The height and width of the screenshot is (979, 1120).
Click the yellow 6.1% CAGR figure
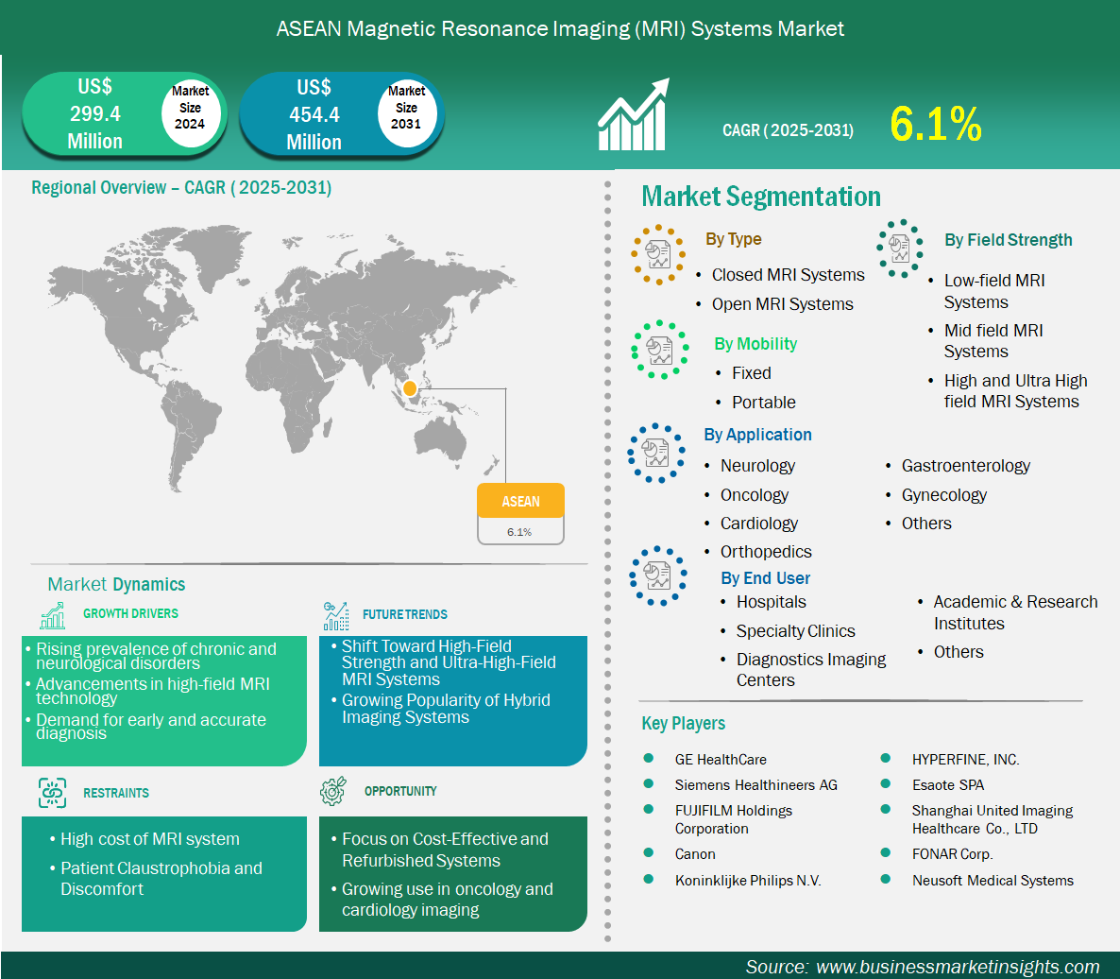[936, 124]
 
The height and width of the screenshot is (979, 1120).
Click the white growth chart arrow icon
[634, 114]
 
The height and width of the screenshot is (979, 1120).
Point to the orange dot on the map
[409, 388]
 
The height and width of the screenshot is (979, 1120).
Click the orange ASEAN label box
[520, 500]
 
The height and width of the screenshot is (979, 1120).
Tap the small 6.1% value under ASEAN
[519, 532]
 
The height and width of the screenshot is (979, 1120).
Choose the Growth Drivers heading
[130, 614]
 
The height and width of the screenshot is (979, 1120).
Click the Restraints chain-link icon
[52, 793]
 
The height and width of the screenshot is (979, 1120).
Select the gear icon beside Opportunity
[333, 791]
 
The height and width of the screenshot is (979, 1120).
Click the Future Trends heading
[405, 614]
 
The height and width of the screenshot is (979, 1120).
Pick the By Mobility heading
[755, 344]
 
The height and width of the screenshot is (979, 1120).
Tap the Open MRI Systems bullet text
[782, 304]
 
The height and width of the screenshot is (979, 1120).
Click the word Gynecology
[943, 495]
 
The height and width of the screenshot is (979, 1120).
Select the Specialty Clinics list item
[796, 631]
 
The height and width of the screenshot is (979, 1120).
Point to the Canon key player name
[695, 854]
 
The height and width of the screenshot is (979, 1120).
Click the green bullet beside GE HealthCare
[649, 758]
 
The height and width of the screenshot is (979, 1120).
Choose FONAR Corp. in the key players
[952, 854]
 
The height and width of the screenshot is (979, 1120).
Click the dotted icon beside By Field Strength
[900, 249]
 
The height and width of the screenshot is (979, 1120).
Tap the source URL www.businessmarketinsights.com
[958, 967]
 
